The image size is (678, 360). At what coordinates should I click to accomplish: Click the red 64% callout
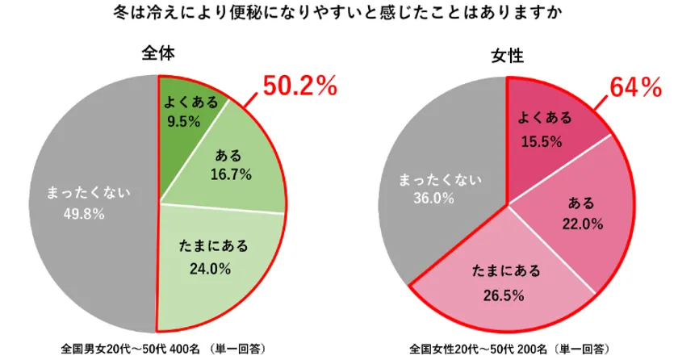[635, 87]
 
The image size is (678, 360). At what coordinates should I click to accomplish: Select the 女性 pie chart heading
[507, 55]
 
